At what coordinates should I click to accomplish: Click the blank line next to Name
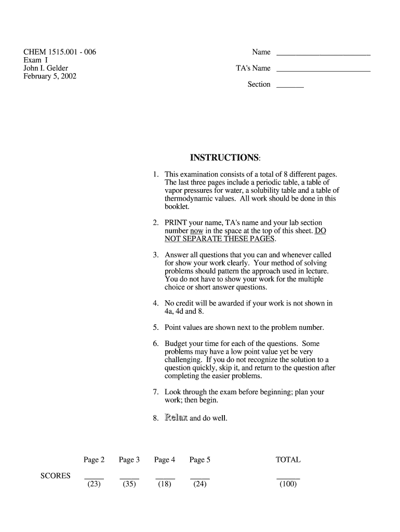323,54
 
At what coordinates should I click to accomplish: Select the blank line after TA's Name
323,70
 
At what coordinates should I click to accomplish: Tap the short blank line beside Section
290,87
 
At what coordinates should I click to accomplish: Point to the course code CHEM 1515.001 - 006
60,52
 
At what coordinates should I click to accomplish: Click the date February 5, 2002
50,76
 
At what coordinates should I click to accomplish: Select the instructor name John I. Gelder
46,68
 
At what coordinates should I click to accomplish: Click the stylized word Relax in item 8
176,418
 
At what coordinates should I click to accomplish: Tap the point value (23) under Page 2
94,485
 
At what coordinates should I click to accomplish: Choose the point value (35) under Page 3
129,485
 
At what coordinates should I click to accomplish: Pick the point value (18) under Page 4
165,485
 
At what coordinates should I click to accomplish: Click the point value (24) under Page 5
200,485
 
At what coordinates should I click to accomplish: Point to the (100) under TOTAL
288,485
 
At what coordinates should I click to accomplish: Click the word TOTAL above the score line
288,460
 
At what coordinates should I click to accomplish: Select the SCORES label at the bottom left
56,475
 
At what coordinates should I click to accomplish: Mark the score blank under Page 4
165,477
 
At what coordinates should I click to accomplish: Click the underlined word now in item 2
196,231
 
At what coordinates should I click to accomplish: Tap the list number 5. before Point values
155,328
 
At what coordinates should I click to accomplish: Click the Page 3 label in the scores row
129,460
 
